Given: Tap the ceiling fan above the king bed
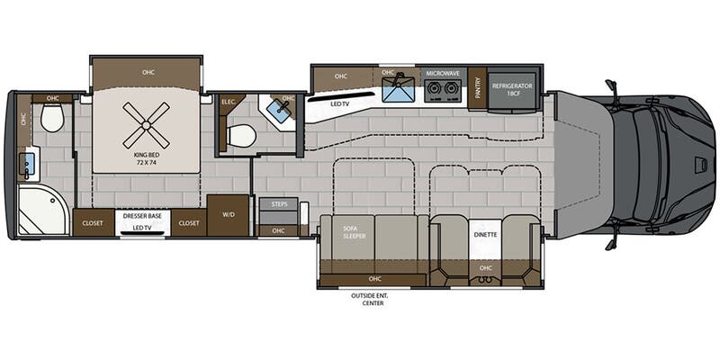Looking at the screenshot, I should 145,124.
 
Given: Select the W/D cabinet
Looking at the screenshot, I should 229,216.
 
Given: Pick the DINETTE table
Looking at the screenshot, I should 484,236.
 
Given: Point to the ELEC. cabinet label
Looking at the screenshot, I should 229,103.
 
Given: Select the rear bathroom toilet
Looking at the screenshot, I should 52,117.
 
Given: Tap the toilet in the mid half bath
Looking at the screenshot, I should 241,136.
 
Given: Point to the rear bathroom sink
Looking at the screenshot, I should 28,165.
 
